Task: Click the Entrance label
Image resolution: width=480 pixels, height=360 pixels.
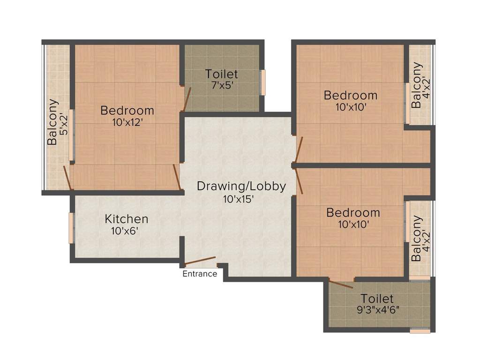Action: [x=200, y=274]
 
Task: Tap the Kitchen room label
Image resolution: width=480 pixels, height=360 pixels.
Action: [x=127, y=218]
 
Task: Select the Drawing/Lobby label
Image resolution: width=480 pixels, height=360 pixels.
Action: [x=241, y=186]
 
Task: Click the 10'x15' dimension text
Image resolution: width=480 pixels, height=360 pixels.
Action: [x=239, y=199]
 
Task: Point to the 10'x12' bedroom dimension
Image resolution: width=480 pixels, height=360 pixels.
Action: [x=127, y=123]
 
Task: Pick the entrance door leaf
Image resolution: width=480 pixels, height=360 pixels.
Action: [x=200, y=261]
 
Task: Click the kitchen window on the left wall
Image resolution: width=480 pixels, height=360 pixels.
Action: [x=71, y=228]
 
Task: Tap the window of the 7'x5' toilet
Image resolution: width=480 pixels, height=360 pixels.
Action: [x=263, y=82]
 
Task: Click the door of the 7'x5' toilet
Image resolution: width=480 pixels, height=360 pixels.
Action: [x=187, y=98]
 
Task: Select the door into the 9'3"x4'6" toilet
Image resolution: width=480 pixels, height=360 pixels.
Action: [x=341, y=283]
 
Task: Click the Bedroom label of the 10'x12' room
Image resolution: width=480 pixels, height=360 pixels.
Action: [x=127, y=111]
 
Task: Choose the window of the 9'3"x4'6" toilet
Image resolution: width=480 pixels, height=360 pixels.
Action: [x=420, y=330]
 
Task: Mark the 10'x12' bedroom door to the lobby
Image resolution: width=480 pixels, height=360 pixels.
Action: [x=177, y=177]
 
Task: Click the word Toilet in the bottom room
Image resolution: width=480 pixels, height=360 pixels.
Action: [x=377, y=299]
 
